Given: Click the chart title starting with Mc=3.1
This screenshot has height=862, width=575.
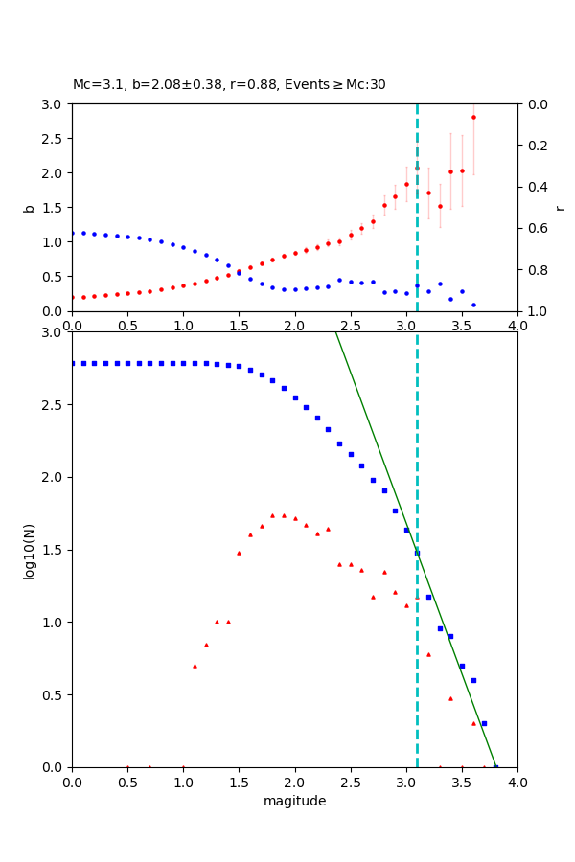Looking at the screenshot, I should (229, 84).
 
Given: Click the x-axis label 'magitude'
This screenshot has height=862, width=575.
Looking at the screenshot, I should (294, 801).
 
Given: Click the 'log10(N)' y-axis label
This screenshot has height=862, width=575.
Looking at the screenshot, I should (29, 550).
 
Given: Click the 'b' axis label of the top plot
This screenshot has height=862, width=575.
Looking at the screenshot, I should (29, 208).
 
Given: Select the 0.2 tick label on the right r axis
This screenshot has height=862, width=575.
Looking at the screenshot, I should (539, 146).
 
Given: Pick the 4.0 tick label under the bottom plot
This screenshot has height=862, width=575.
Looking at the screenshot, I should (517, 782).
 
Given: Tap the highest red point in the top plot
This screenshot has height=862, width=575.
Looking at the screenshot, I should (473, 117).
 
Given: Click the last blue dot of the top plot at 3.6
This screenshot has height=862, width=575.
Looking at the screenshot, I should (473, 305).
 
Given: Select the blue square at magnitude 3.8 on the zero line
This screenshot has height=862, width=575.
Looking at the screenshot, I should (495, 767).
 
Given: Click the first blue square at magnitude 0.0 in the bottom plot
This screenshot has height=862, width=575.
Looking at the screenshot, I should (72, 363).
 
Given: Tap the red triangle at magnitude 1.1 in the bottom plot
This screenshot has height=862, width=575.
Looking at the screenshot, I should (195, 666).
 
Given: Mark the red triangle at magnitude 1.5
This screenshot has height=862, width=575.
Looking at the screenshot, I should (239, 553).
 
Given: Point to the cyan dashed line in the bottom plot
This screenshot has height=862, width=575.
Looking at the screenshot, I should (417, 670).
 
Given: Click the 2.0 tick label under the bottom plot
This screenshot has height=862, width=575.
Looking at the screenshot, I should (294, 782).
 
